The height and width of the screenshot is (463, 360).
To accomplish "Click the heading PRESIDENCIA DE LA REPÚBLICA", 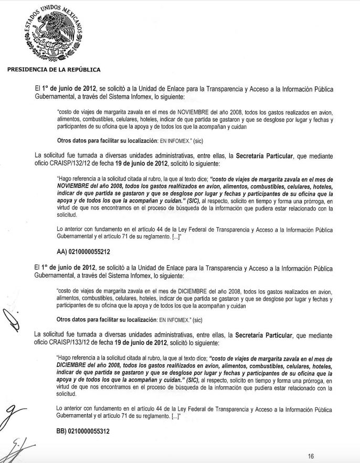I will (x=54, y=69).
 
